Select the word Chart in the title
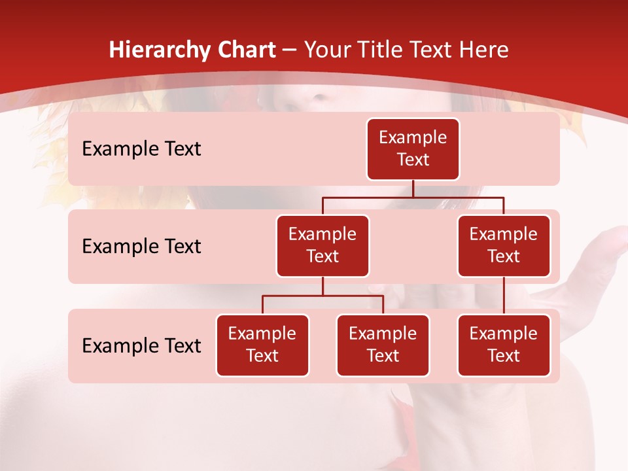(x=245, y=50)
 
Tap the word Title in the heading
(x=376, y=50)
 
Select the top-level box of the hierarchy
(x=413, y=149)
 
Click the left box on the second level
(x=323, y=246)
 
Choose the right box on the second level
(x=504, y=246)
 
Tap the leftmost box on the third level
(x=262, y=345)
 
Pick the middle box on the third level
(x=383, y=345)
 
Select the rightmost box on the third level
(x=504, y=345)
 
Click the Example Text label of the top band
(x=141, y=149)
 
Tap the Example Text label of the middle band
(x=141, y=247)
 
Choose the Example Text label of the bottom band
(x=141, y=346)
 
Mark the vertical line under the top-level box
(x=413, y=188)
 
